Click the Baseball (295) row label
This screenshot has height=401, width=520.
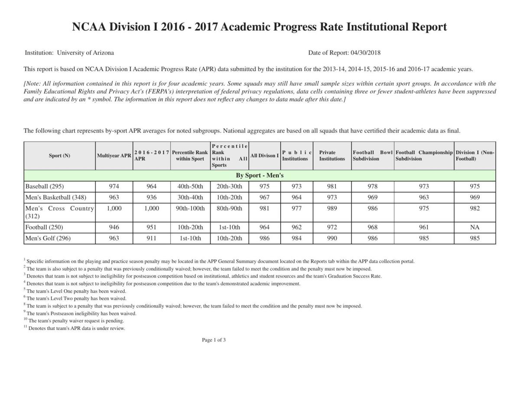[45, 187]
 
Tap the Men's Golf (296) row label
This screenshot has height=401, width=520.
[48, 238]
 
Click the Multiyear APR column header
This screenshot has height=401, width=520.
[114, 155]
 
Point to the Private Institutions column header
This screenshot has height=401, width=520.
[332, 155]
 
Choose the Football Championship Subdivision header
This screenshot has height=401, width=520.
[424, 155]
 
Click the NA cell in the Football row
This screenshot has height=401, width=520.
[474, 227]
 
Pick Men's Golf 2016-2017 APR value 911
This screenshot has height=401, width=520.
[151, 238]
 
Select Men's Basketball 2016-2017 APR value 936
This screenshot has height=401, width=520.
[151, 197]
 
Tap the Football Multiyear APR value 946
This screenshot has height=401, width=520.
[114, 227]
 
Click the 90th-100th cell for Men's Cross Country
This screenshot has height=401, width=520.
[190, 208]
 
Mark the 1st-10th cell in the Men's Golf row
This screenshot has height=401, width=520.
[190, 238]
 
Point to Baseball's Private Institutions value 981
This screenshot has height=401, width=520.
[332, 187]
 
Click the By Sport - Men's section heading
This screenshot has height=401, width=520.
[260, 175]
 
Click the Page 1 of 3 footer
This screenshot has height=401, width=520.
[214, 340]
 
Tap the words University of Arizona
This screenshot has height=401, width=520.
[85, 53]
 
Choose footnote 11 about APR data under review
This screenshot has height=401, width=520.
[76, 328]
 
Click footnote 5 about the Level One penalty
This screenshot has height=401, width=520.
[76, 291]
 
